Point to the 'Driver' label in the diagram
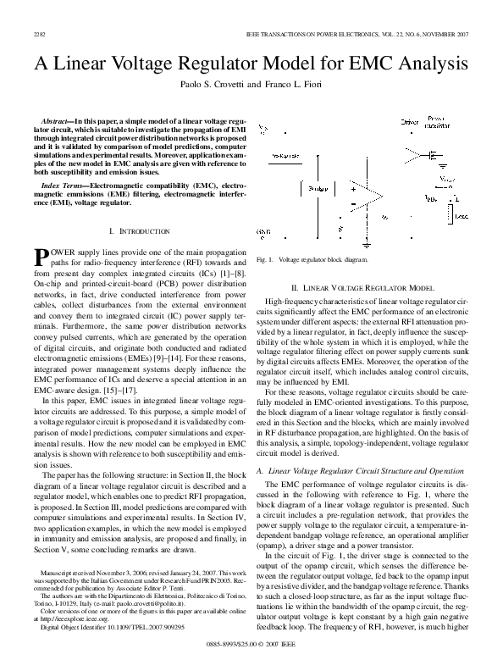pyautogui.click(x=410, y=122)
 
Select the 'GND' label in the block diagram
pyautogui.click(x=264, y=230)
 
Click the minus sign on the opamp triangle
pyautogui.click(x=352, y=202)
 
